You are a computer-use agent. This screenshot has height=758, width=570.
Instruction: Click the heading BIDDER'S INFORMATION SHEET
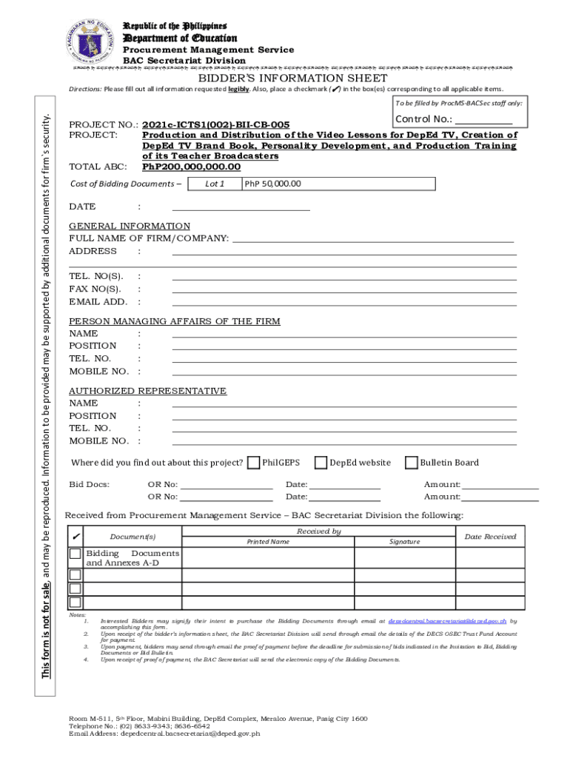tap(288, 78)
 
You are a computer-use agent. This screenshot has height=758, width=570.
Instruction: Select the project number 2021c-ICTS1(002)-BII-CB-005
tap(215, 125)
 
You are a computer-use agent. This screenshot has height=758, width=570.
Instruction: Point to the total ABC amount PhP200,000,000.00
tap(192, 167)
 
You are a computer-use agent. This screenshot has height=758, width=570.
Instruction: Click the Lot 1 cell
tap(215, 184)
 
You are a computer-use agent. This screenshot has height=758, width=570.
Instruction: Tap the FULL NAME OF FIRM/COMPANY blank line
tap(373, 238)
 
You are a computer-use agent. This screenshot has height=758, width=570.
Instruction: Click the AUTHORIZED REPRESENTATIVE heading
tap(147, 390)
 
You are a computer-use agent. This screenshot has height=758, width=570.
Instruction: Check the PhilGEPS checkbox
tap(254, 463)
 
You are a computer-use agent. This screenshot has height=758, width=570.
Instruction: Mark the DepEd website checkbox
tap(321, 463)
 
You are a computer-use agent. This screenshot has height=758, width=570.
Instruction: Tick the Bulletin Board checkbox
tap(412, 463)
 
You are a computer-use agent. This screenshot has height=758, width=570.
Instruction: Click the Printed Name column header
tap(268, 541)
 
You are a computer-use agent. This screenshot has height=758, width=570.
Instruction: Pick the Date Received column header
tap(490, 536)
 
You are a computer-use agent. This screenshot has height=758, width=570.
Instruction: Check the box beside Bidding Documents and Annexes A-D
tap(75, 554)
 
